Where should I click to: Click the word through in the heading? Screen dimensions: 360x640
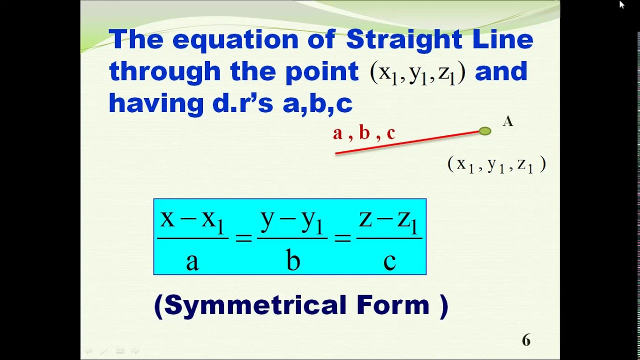pyautogui.click(x=165, y=71)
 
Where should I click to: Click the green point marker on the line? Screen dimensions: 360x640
pyautogui.click(x=484, y=131)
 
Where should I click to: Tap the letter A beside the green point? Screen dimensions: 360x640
pyautogui.click(x=507, y=121)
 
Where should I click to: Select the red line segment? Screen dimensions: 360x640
pyautogui.click(x=407, y=142)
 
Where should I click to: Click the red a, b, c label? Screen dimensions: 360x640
pyautogui.click(x=364, y=133)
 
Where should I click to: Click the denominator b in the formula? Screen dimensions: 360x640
pyautogui.click(x=292, y=260)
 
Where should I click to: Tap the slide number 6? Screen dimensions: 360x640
pyautogui.click(x=526, y=340)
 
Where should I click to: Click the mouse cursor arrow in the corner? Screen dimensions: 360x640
pyautogui.click(x=621, y=4)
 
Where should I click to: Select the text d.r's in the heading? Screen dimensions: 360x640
pyautogui.click(x=243, y=103)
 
